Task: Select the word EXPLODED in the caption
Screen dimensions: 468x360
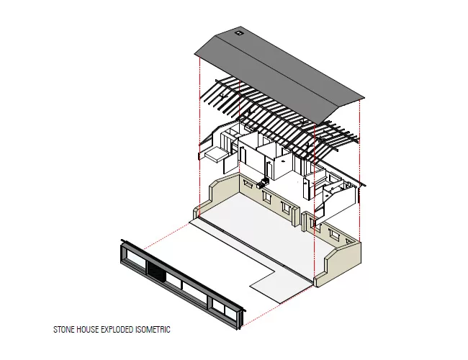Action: pos(117,330)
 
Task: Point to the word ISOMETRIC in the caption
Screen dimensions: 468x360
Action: pos(153,330)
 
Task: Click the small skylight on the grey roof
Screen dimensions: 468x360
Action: pos(238,33)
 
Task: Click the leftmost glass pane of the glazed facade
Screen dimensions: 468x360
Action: pos(135,258)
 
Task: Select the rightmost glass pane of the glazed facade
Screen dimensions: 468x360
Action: pos(230,312)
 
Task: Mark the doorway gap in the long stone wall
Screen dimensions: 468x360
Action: pos(301,221)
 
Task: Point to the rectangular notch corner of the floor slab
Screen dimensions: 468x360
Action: pos(275,271)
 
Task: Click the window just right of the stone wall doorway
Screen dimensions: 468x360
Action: pos(313,223)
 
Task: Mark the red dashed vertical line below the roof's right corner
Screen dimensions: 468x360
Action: pos(360,170)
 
